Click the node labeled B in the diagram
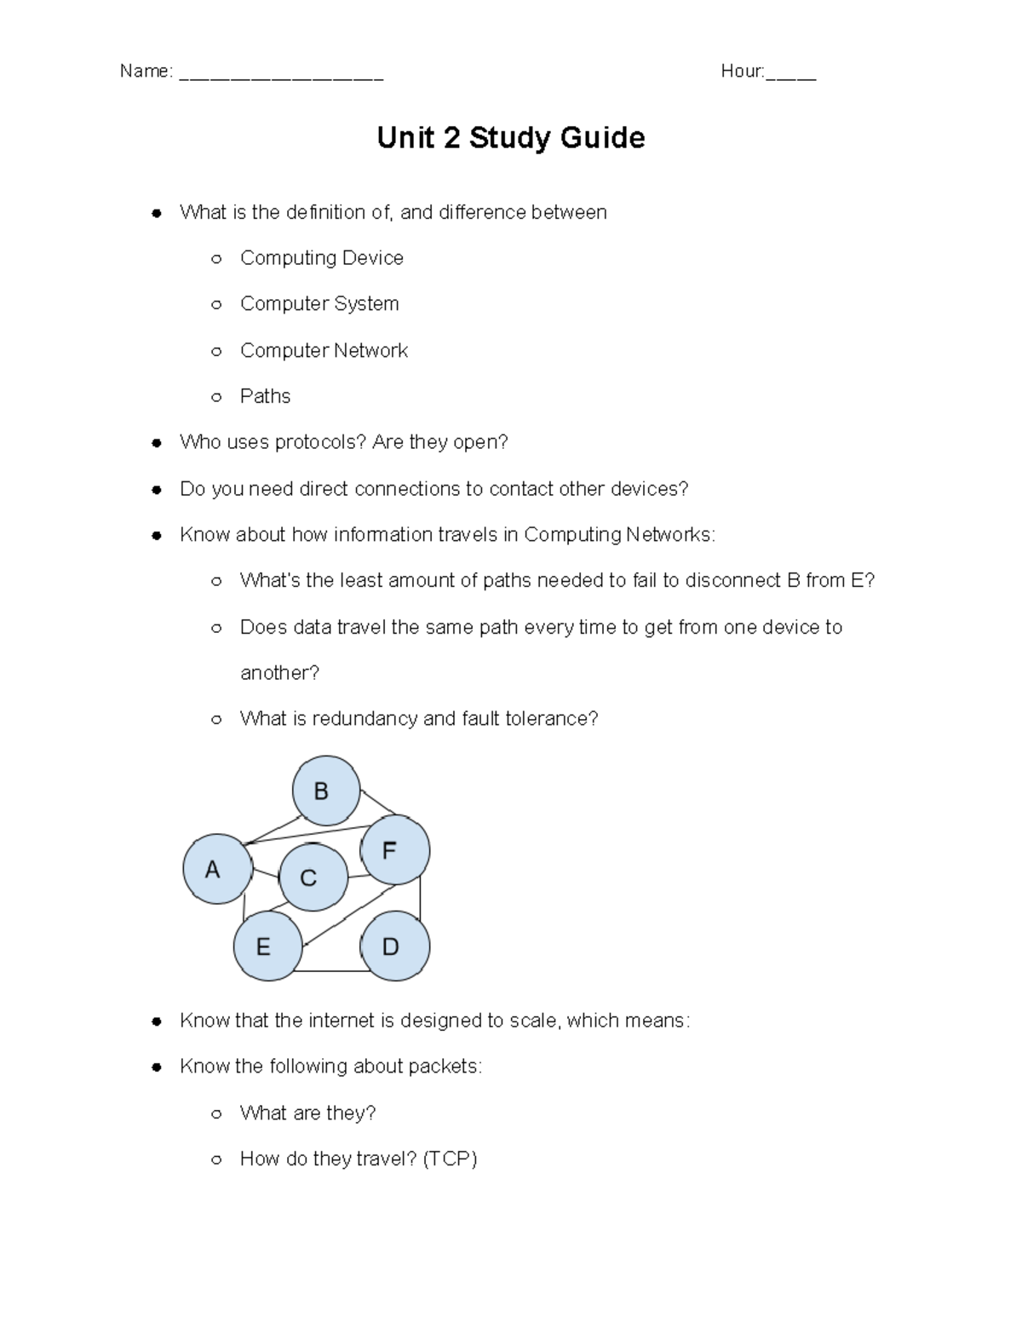[x=325, y=791]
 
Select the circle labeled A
[x=217, y=869]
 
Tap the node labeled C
[x=313, y=877]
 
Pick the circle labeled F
[x=394, y=850]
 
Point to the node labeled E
[x=267, y=946]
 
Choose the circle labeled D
[x=394, y=946]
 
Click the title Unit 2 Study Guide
[x=511, y=138]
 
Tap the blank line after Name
[x=281, y=73]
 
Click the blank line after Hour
[x=791, y=73]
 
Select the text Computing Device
[x=321, y=258]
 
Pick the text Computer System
[x=319, y=304]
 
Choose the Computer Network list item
[x=324, y=350]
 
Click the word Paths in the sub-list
[x=265, y=396]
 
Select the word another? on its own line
[x=279, y=673]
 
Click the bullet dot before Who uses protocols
[x=156, y=443]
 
